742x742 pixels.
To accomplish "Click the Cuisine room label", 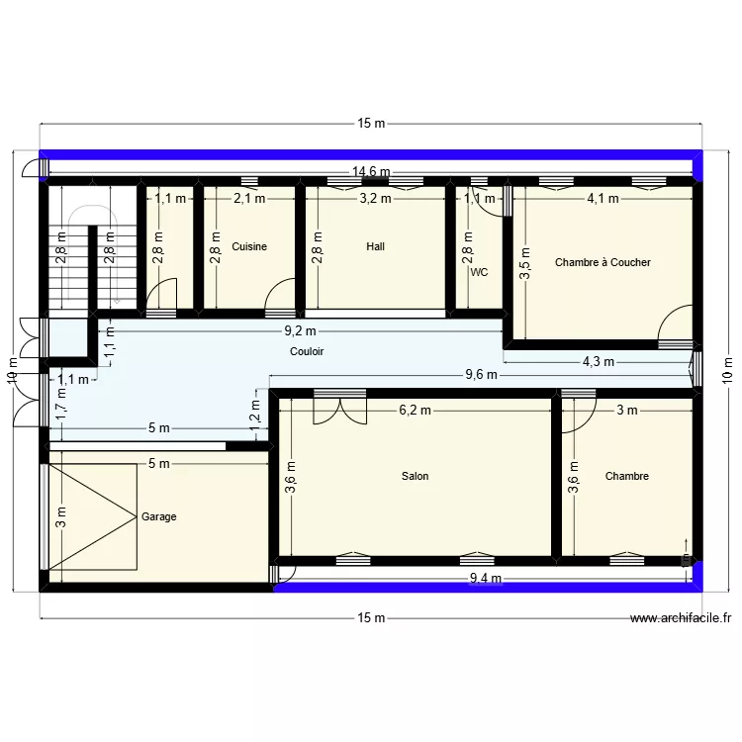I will (249, 246).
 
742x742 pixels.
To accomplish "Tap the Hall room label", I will (375, 246).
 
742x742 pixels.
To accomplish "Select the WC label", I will (480, 271).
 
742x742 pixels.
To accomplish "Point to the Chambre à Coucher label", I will (603, 262).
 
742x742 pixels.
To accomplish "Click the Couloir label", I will (307, 351).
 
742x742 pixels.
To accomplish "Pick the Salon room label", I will (415, 476).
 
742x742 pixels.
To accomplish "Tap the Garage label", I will (159, 516).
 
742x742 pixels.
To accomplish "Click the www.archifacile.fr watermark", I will (682, 618).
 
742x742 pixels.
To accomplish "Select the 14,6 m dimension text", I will (371, 172).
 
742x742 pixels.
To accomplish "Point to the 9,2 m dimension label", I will (300, 331).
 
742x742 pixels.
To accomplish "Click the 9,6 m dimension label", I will (482, 375).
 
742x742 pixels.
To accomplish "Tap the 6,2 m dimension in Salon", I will (416, 410).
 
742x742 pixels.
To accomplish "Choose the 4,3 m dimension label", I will (599, 361).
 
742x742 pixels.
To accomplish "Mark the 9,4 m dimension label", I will (486, 579).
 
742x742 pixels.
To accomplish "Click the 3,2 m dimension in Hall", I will (375, 198).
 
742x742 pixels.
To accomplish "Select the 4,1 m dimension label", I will (603, 198).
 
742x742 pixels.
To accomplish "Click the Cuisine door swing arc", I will (281, 294).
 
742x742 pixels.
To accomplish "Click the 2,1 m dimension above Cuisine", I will (249, 198).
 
